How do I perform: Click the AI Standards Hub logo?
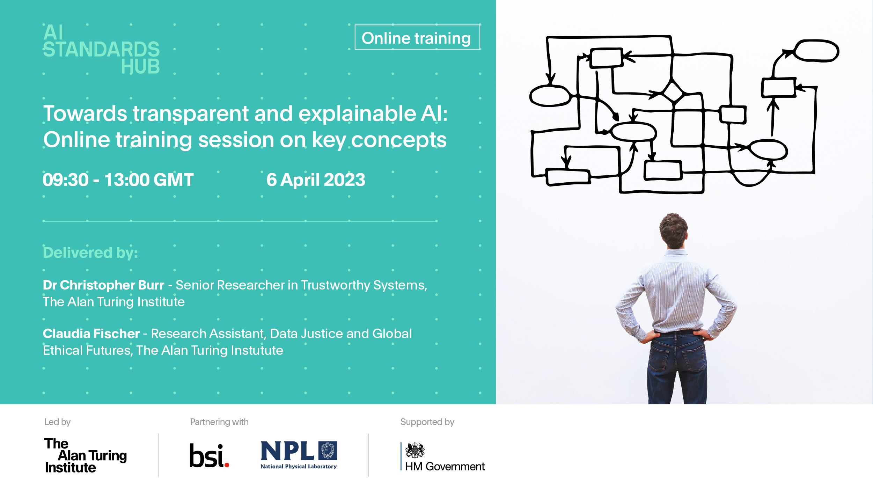pos(101,49)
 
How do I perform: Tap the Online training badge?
pos(417,37)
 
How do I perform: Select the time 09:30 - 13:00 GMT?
pos(118,180)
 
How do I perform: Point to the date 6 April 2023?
pos(316,180)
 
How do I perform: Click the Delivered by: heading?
pos(90,252)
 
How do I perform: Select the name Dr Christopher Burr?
pos(103,285)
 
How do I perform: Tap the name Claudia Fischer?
pos(91,334)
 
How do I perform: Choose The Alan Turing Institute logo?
pos(86,455)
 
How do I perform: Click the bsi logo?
pos(209,455)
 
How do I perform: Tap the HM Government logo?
pos(443,457)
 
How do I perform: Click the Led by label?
pos(58,422)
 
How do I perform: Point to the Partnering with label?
pos(219,422)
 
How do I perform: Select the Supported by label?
pos(427,422)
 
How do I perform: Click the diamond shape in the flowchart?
pos(673,92)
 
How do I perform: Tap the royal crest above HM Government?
pos(415,450)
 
